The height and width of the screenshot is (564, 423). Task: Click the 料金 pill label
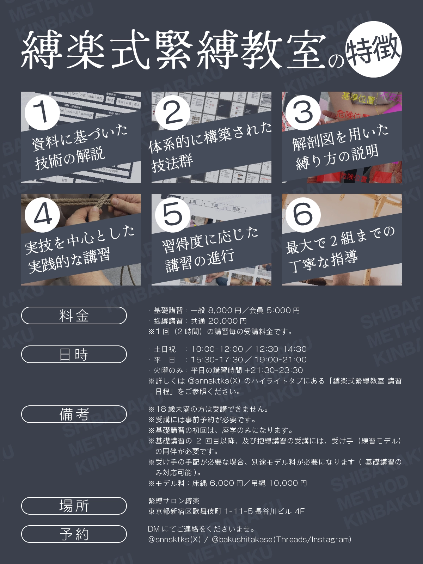click(x=74, y=315)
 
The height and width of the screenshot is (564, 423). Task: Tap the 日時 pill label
click(x=74, y=354)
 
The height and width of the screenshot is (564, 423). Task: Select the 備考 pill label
click(x=74, y=414)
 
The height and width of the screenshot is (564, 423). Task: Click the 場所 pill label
click(x=74, y=506)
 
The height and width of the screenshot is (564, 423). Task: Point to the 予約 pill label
click(x=74, y=534)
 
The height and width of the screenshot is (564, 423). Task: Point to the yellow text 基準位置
click(x=358, y=98)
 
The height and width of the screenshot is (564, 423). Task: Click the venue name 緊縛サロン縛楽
click(x=174, y=501)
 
